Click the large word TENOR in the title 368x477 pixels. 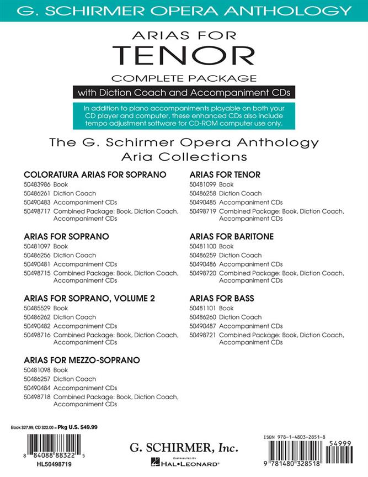click(183, 55)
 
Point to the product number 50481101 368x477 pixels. click(202, 308)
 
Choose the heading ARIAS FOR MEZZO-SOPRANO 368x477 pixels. click(82, 360)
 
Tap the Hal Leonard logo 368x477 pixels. click(184, 463)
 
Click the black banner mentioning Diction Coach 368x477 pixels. click(183, 92)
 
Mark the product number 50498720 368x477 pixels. click(202, 273)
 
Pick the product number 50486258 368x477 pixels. click(202, 193)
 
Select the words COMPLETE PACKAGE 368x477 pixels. click(184, 78)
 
